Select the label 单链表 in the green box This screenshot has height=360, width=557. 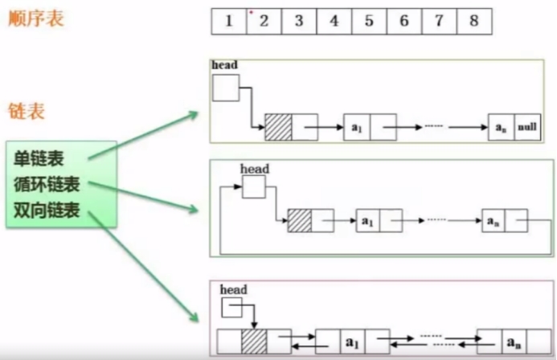39,158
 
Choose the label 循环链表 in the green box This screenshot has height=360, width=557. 47,185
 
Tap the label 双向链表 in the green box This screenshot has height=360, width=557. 47,211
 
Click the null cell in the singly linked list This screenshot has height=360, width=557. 528,127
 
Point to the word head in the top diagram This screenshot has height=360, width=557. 225,64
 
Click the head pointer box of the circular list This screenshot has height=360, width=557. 254,186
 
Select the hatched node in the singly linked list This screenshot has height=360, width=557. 278,127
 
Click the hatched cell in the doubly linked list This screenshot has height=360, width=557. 255,341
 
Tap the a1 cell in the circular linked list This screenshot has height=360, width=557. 367,219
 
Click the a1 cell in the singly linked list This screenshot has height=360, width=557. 356,127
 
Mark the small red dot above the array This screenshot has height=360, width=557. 251,12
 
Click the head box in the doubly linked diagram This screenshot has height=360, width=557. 231,305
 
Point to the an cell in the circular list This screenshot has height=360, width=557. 494,219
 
